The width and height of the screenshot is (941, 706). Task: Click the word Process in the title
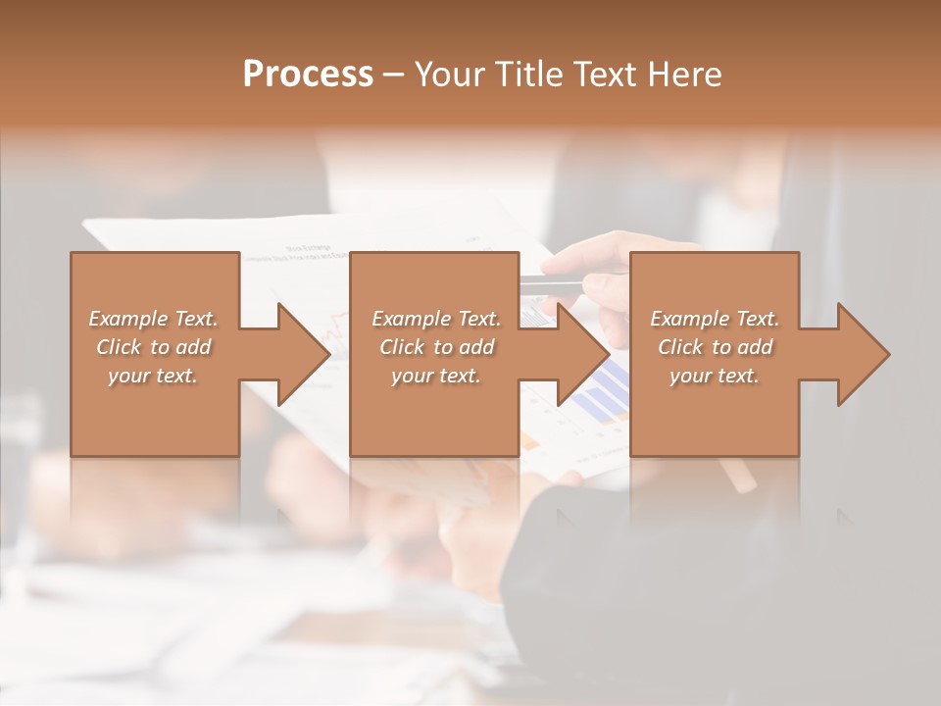coord(308,75)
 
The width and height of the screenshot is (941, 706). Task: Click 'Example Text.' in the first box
coord(154,319)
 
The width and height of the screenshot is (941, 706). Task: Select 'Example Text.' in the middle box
coord(435,319)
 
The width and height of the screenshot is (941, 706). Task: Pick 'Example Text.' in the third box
coord(715,319)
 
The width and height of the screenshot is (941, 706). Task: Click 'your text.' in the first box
coord(154,376)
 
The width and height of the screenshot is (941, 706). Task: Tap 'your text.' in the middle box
coord(435,376)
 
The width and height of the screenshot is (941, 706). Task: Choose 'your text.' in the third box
coord(715,376)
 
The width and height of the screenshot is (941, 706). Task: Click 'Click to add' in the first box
coord(154,347)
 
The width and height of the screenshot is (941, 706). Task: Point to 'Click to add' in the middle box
coord(435,347)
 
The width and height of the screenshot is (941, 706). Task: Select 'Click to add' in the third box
coord(715,347)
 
